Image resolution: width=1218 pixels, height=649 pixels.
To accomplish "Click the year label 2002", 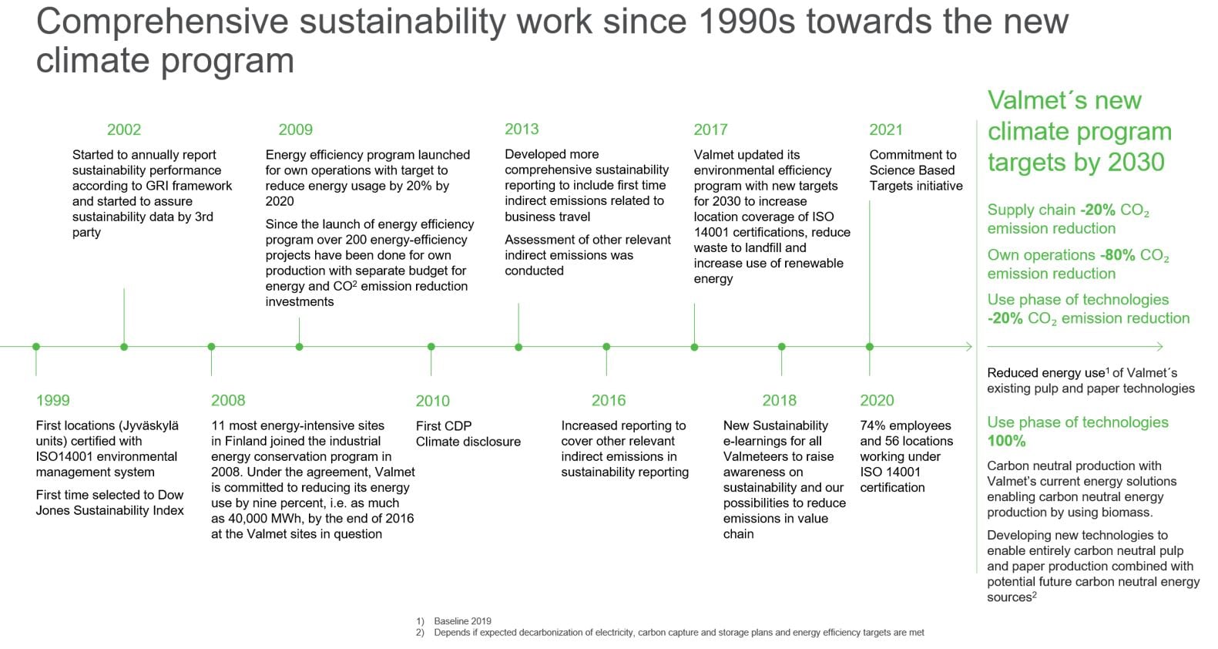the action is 124,129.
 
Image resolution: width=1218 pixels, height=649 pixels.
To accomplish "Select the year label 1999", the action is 52,400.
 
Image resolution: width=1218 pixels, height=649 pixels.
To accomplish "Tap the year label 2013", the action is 522,129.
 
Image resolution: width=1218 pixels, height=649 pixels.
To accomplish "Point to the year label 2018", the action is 779,400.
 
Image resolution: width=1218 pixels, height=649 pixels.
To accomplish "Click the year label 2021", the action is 886,129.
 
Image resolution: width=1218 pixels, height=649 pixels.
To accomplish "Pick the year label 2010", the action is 433,401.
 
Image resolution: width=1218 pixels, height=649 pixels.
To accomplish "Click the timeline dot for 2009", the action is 299,347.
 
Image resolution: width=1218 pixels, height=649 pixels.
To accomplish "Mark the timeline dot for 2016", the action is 606,347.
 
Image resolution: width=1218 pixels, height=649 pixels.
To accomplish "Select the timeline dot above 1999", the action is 36,347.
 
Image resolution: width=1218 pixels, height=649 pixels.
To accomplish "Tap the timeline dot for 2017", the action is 694,347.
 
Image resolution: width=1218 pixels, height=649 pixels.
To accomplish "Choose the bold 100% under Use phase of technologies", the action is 1006,441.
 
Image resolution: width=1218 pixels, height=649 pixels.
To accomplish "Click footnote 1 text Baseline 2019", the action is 463,620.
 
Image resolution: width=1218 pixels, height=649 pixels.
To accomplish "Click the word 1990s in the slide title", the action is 747,22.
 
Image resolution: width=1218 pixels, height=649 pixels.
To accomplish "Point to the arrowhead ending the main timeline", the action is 969,347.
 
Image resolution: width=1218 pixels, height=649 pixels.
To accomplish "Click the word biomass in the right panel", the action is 1130,513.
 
